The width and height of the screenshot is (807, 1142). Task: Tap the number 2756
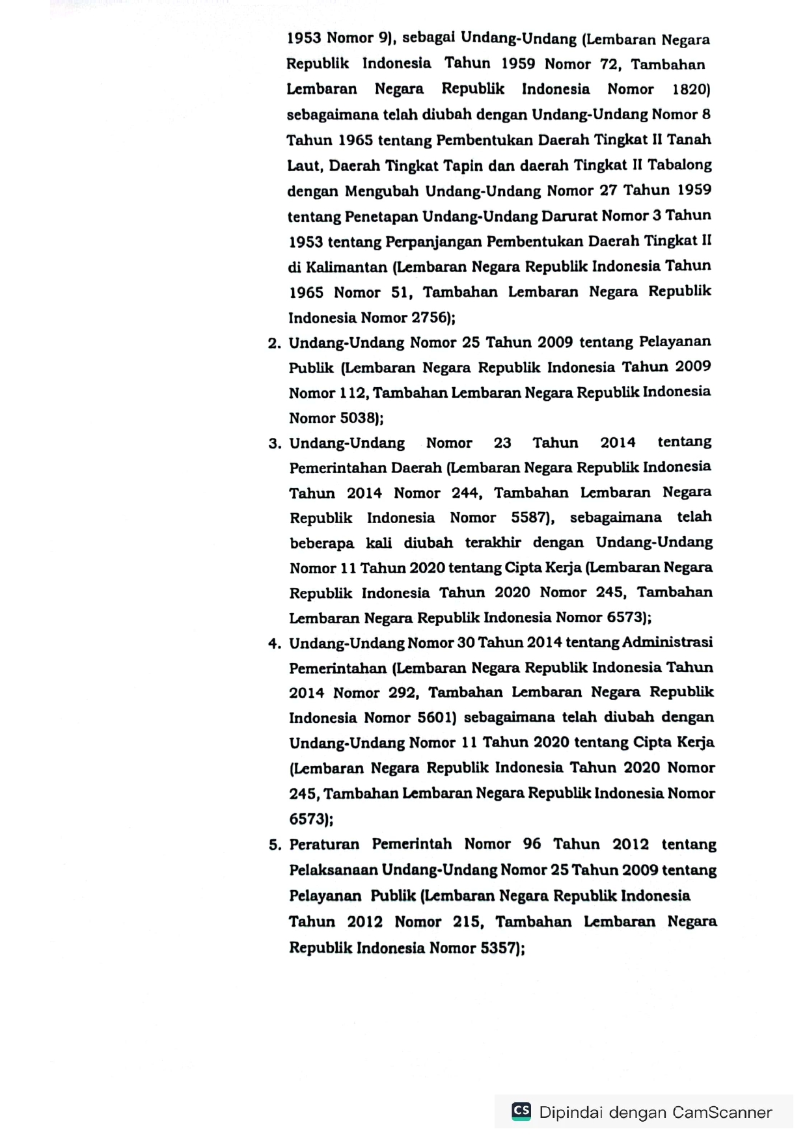coord(431,318)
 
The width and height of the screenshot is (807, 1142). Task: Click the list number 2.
coord(273,344)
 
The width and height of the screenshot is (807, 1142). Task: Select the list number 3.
coord(274,444)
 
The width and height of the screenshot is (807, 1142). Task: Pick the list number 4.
coord(273,644)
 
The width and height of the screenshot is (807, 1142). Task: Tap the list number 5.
coord(274,845)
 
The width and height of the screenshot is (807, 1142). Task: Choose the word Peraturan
coord(324,845)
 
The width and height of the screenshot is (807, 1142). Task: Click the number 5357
coord(500,947)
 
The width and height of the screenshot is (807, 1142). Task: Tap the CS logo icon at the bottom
coord(521,1111)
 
